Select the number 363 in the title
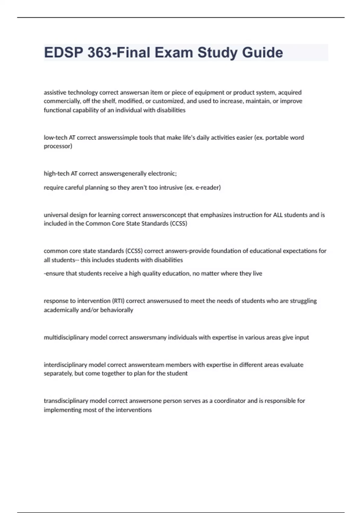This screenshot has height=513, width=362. [99, 53]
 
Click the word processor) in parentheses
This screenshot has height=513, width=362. [58, 146]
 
